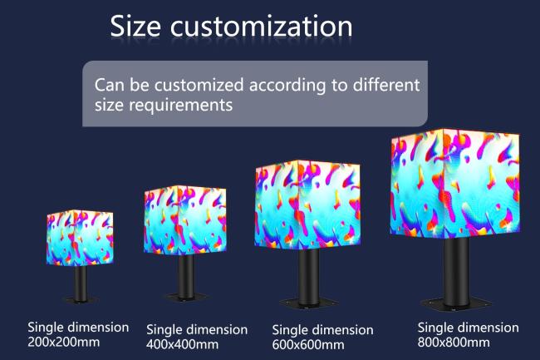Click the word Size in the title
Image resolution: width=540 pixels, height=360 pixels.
[x=135, y=26]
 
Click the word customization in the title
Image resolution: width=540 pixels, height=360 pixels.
[x=262, y=26]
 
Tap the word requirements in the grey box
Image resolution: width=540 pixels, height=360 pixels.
[x=181, y=105]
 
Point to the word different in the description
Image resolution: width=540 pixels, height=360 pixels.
[x=386, y=85]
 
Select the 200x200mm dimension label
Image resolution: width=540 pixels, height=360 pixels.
[x=64, y=342]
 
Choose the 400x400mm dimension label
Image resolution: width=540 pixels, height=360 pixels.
[x=182, y=344]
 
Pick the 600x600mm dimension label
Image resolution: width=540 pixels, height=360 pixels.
[x=308, y=344]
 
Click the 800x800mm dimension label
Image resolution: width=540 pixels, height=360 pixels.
[x=454, y=342]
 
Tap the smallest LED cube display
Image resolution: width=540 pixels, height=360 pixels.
[x=80, y=238]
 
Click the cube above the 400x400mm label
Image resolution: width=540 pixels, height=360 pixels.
[x=185, y=220]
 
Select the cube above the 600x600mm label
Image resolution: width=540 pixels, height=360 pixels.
[x=307, y=205]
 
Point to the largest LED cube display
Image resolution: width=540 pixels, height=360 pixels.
[x=455, y=184]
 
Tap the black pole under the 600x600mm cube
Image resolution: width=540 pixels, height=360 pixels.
[x=309, y=277]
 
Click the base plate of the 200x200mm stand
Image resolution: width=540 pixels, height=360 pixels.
[x=81, y=299]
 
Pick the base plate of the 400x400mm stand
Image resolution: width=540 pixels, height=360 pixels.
[x=186, y=297]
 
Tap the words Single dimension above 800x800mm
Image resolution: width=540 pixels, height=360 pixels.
[x=468, y=328]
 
